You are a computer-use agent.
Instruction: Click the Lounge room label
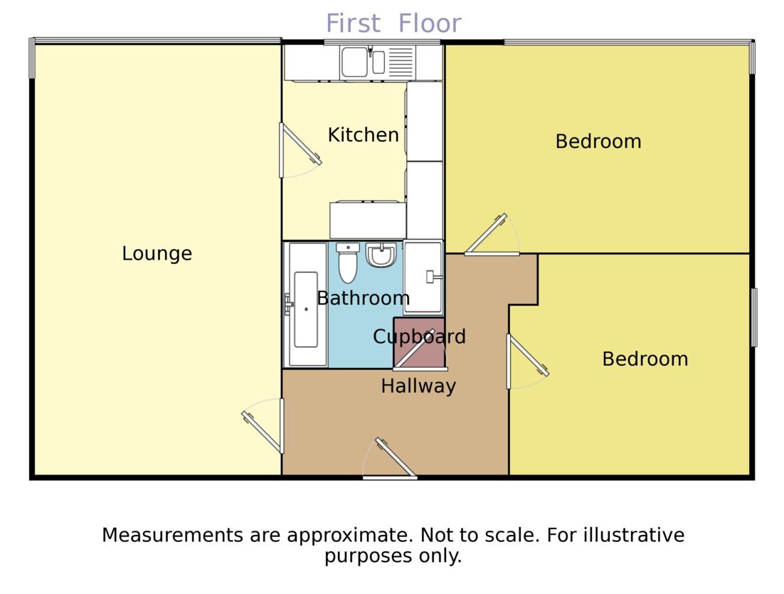click(x=157, y=253)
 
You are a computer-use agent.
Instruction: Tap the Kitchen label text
click(x=363, y=134)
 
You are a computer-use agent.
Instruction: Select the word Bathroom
click(x=363, y=298)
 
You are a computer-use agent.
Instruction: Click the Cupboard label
click(x=419, y=336)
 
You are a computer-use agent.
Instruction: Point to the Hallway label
click(x=418, y=386)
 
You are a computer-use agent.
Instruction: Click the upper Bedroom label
click(x=598, y=142)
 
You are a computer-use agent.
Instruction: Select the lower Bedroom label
click(x=645, y=359)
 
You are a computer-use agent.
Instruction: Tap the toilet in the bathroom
click(x=347, y=263)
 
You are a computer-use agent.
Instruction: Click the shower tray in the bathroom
click(x=423, y=277)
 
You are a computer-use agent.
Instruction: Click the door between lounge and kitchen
click(x=299, y=151)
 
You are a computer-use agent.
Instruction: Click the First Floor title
click(x=393, y=23)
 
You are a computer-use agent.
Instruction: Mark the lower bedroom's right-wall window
click(x=754, y=317)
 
